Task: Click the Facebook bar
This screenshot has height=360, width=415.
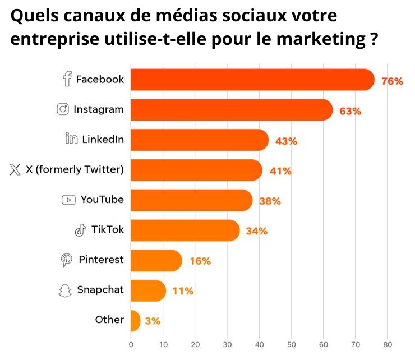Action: [252, 80]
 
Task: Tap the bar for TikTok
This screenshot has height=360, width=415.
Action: [185, 230]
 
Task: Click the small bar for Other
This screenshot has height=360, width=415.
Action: [135, 321]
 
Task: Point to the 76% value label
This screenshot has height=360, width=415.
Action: [392, 81]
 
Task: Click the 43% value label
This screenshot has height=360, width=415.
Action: [286, 141]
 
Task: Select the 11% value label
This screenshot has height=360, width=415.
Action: [183, 291]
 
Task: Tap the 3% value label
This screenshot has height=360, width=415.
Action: [153, 321]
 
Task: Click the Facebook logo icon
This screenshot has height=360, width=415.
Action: [67, 80]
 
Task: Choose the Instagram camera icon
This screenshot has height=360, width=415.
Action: [63, 109]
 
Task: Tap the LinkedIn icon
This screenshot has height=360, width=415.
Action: [71, 139]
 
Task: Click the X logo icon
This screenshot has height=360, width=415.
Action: [15, 169]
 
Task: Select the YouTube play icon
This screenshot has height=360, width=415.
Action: [68, 200]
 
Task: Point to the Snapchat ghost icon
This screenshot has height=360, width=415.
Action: [66, 290]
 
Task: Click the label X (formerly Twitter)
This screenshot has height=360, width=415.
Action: [75, 169]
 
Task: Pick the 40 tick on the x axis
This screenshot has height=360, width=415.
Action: [259, 345]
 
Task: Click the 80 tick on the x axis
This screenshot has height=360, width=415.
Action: [388, 345]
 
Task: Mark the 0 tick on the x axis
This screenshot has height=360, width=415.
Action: [131, 345]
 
